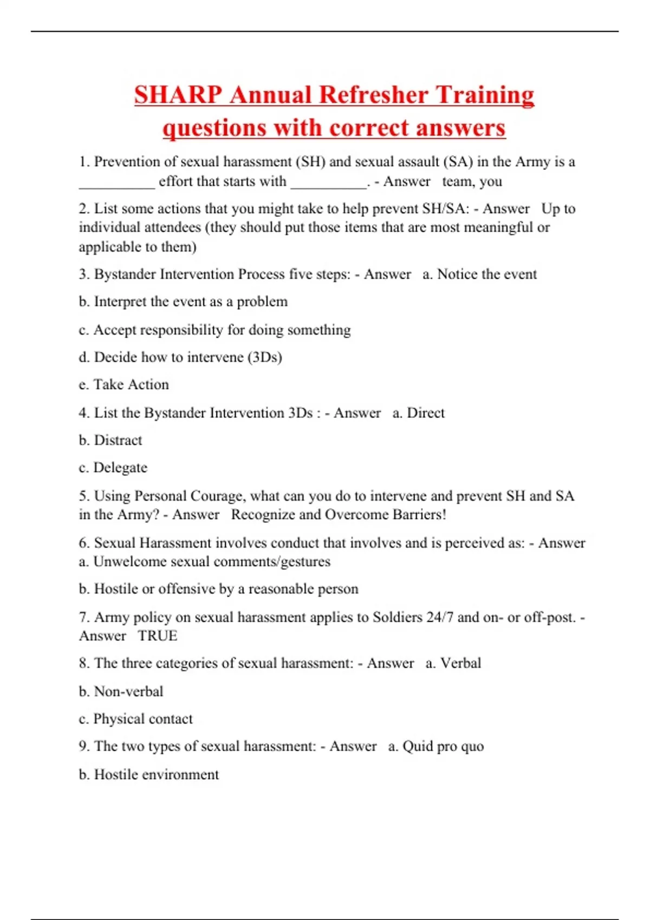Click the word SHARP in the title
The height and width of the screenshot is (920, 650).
tap(178, 95)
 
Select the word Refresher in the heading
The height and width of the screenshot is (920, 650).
tap(374, 95)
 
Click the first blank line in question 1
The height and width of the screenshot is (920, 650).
tap(116, 183)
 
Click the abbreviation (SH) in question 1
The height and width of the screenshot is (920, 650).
tap(310, 162)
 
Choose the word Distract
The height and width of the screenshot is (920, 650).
tap(118, 441)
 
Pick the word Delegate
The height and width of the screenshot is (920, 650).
tap(120, 468)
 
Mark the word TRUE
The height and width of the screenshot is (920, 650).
tap(157, 636)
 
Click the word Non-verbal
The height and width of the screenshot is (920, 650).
tap(128, 692)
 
